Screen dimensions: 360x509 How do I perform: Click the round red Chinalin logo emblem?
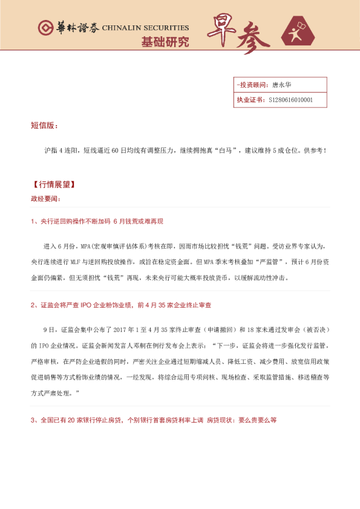[x=46, y=28]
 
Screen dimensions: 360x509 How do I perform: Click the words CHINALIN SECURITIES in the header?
[x=145, y=28]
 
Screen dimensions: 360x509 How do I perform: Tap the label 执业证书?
[x=249, y=100]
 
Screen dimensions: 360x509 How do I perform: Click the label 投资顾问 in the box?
[x=251, y=85]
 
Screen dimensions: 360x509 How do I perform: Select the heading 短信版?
[x=44, y=126]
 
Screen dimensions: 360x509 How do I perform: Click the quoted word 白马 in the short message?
[x=227, y=149]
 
